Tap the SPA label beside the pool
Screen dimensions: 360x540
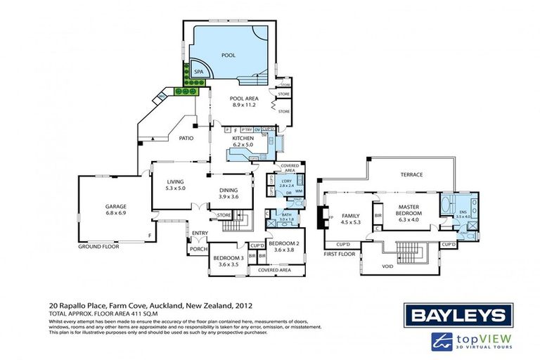tap(188, 72)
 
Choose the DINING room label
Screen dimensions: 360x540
tap(227, 190)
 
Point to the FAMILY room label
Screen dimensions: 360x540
tap(350, 216)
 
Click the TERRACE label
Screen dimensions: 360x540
tap(411, 175)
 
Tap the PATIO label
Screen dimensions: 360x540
tap(186, 138)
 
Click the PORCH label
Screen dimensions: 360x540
tap(196, 248)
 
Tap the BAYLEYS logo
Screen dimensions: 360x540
tap(458, 314)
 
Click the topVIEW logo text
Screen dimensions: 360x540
tap(487, 338)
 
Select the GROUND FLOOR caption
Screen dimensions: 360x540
tap(98, 247)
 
